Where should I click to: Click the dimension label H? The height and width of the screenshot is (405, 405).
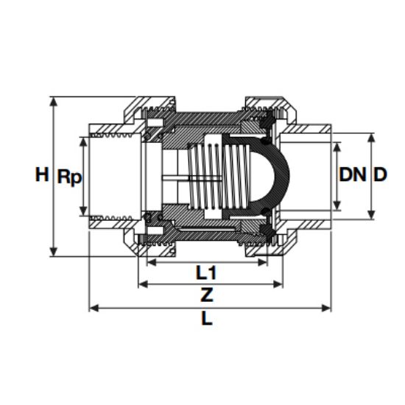coord(42,175)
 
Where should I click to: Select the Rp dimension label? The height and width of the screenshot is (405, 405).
coord(69,177)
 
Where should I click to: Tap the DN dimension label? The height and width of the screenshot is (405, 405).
coord(353,175)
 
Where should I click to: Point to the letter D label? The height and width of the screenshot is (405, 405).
coord(381,175)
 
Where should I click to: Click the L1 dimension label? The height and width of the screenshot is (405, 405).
coord(206,272)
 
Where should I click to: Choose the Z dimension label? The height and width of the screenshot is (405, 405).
coord(207,295)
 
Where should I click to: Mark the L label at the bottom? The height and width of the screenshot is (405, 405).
coord(207,318)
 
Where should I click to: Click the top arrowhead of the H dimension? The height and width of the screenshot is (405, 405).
coord(54,102)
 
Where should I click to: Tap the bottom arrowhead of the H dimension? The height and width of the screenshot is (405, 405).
coord(54,252)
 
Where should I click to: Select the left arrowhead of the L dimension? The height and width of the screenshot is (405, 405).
coord(94,308)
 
